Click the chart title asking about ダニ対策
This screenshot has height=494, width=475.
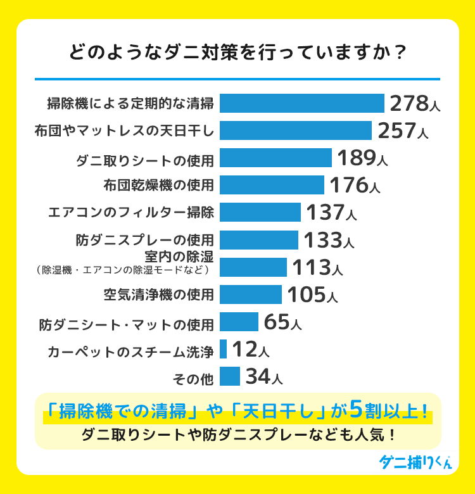click(x=237, y=52)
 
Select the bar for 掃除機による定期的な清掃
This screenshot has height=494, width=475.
click(x=302, y=103)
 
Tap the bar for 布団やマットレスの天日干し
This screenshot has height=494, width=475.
click(x=296, y=130)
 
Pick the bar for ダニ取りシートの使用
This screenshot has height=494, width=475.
click(x=276, y=158)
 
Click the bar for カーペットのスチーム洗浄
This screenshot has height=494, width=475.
click(x=224, y=349)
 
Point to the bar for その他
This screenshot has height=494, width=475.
click(x=230, y=376)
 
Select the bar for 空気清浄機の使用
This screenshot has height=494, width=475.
click(x=251, y=294)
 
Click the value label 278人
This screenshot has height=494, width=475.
click(x=414, y=103)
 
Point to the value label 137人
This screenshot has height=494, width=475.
click(x=331, y=212)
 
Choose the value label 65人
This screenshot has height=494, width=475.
click(x=282, y=322)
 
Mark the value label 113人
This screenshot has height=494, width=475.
click(x=317, y=267)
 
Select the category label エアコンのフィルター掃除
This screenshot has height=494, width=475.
click(x=131, y=213)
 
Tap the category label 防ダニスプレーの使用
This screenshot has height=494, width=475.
click(x=145, y=240)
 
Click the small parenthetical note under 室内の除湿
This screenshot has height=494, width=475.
click(x=123, y=270)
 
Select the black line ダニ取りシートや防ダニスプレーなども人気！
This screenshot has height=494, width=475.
click(x=238, y=436)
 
